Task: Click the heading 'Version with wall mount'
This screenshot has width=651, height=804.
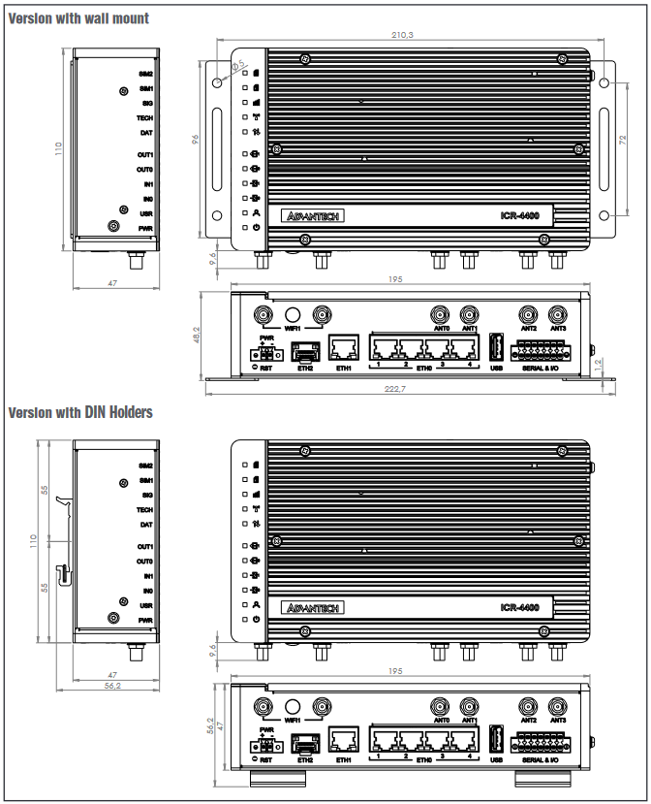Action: (x=78, y=17)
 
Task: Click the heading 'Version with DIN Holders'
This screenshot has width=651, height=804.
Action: (x=80, y=412)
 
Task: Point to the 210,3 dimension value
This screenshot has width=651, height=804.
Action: (x=401, y=35)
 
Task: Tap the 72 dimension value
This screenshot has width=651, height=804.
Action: (x=625, y=142)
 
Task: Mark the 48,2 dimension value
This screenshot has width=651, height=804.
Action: (x=197, y=334)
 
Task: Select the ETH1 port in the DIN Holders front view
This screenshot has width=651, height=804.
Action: (x=344, y=742)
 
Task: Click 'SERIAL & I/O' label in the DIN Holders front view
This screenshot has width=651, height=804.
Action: (x=546, y=760)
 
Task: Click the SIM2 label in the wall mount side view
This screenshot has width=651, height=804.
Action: (x=146, y=74)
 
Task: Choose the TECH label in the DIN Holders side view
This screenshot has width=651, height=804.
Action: (x=145, y=510)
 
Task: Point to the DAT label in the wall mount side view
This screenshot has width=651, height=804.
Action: (x=146, y=132)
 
